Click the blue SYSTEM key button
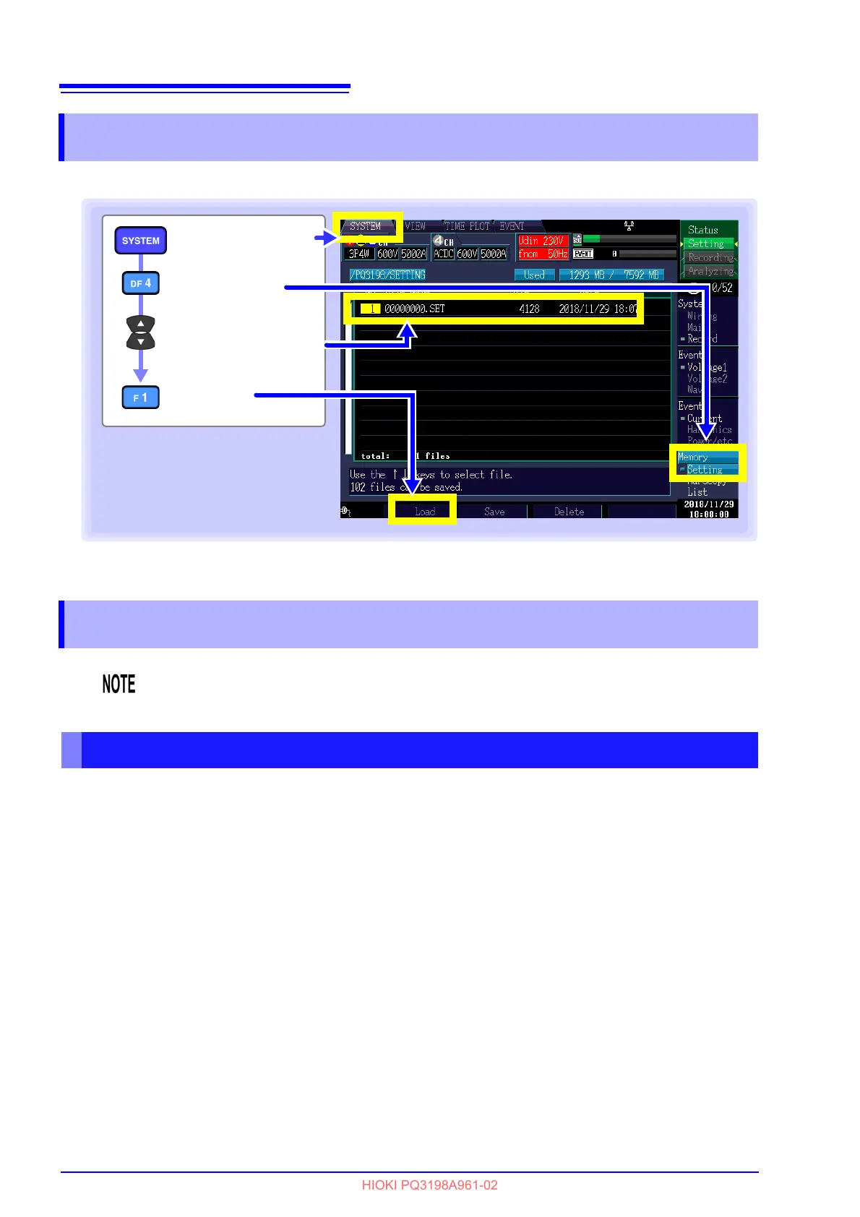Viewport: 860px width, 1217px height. pos(140,241)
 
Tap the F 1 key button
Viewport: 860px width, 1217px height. pos(140,397)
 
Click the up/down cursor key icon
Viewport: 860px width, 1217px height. pos(140,332)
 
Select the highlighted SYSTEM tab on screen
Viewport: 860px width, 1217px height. pos(366,226)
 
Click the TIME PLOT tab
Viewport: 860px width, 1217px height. pos(467,226)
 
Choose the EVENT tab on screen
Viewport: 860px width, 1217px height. pos(512,226)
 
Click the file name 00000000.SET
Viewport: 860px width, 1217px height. pos(414,309)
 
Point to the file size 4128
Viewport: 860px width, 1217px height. pos(529,309)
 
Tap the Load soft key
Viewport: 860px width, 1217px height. pos(424,512)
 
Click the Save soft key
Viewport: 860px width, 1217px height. pos(494,512)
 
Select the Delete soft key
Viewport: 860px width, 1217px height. pos(569,512)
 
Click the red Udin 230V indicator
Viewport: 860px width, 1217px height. pos(541,241)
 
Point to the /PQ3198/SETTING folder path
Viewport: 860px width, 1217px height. pos(387,275)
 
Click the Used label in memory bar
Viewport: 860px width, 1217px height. pos(534,275)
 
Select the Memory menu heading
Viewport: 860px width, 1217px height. pos(692,457)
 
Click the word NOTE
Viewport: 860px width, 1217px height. pos(119,684)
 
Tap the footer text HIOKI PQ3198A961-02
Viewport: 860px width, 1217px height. pos(429,1185)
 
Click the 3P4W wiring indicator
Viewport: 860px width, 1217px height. pos(358,254)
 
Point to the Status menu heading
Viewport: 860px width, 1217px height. pos(702,230)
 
